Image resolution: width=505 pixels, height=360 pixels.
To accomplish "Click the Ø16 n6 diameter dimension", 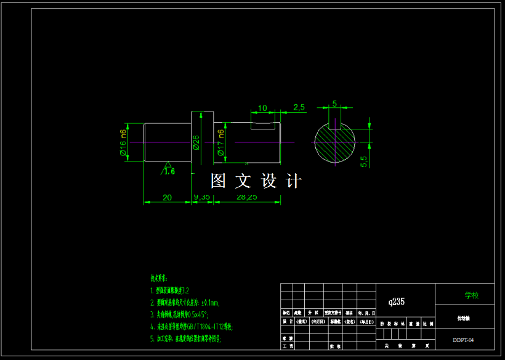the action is (123, 143).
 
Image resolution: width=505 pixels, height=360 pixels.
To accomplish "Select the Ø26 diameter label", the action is (196, 142).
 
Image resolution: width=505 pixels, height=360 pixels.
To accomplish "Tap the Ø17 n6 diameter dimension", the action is (220, 142).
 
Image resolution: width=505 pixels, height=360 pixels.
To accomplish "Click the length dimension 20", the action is (167, 197).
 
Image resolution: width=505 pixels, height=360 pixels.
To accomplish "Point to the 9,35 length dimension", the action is (202, 197).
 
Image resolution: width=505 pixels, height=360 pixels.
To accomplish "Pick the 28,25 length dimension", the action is (247, 197).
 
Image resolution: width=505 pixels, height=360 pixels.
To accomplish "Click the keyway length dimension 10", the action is (263, 108).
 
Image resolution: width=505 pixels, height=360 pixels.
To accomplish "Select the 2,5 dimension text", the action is (299, 107).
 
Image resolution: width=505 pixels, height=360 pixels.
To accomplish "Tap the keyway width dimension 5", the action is (334, 104).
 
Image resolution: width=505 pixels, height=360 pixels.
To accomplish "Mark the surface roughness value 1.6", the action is (169, 171).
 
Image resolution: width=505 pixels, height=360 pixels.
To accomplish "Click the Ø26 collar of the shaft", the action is (202, 139).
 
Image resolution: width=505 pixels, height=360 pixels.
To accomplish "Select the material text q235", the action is (397, 302).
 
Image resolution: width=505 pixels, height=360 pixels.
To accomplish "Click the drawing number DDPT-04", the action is (463, 340).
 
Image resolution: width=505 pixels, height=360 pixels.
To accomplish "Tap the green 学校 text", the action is (471, 295).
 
